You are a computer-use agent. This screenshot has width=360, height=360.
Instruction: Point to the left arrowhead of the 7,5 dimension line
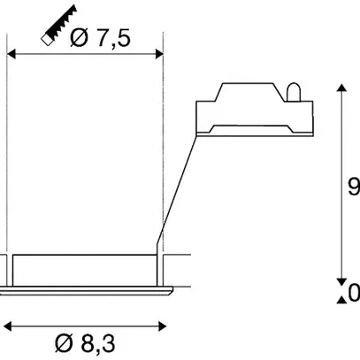click(x=11, y=54)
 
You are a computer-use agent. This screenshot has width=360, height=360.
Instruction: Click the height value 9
click(x=353, y=187)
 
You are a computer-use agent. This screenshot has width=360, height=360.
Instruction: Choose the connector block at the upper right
click(x=252, y=111)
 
